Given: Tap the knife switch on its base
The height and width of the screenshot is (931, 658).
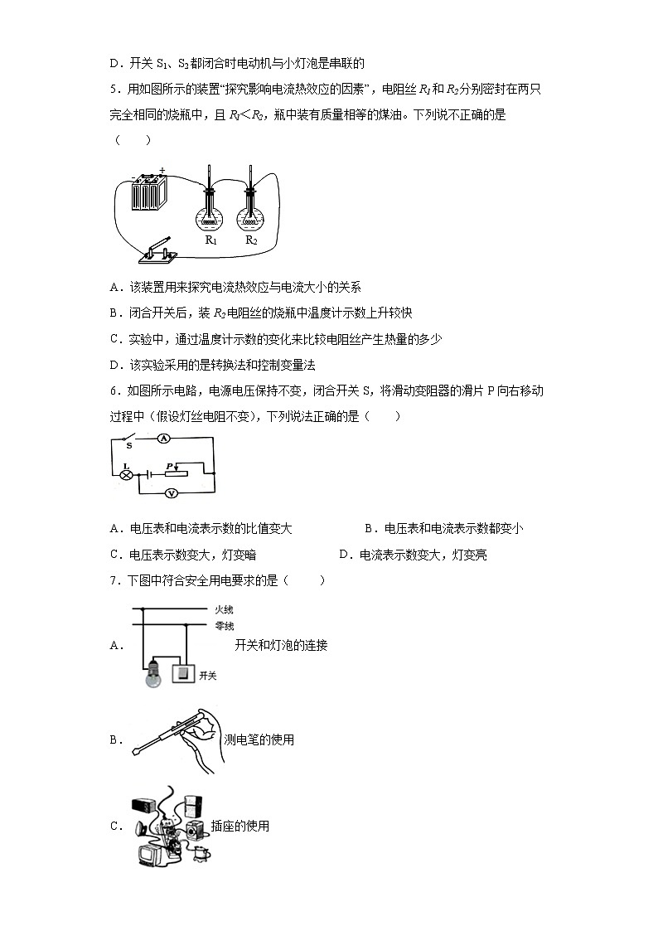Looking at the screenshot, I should point(157,254).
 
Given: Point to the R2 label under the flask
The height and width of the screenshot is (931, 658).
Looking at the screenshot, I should point(251,240).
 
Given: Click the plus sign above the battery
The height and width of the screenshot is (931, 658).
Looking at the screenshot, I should point(162,172).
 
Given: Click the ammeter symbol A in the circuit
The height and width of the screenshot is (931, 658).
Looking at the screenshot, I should point(163,438).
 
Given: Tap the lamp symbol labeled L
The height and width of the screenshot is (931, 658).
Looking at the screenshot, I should point(128,475).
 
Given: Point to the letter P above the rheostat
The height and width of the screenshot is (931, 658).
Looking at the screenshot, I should point(169,466).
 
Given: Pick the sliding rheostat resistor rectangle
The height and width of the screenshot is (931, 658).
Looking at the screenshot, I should point(176,475).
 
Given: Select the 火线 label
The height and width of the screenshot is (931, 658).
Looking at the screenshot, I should point(224,609).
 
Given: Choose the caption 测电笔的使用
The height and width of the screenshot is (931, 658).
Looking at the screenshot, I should point(259,739).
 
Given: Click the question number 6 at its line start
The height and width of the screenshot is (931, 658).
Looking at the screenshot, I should point(114,390).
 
